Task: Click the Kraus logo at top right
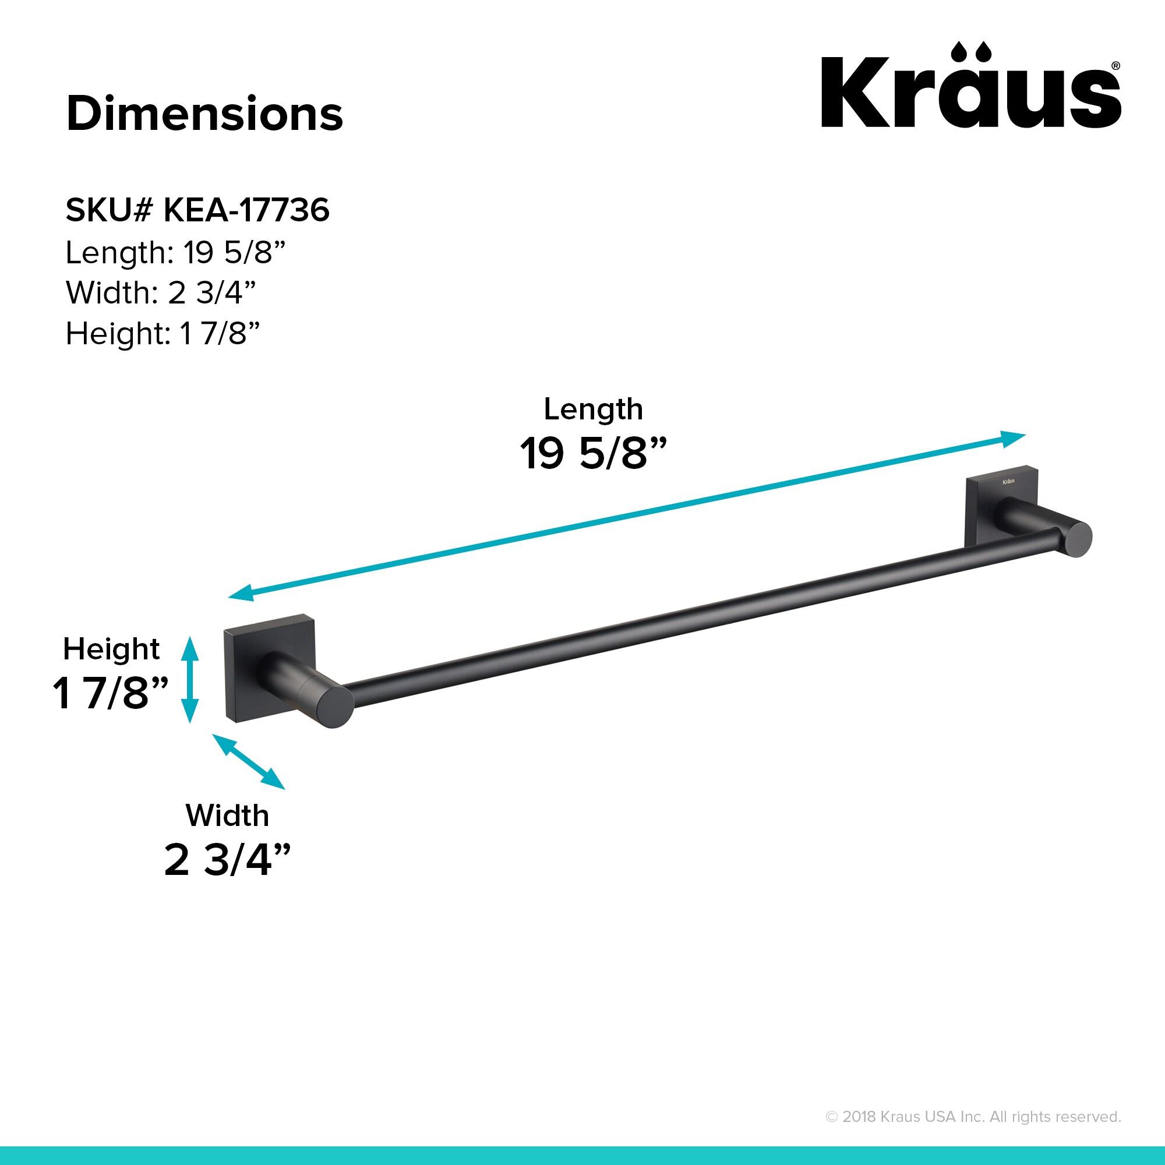point(970,87)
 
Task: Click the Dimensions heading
point(204,114)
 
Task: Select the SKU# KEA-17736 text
point(197,210)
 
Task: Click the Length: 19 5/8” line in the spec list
point(174,252)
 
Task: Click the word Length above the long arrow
point(594,409)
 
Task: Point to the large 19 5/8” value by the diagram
point(594,453)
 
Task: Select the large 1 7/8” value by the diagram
point(110,693)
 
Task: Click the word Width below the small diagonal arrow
point(227,815)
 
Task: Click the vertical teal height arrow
point(189,680)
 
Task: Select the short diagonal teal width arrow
point(249,761)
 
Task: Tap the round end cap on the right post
point(1075,538)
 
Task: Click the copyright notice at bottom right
point(973,1117)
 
